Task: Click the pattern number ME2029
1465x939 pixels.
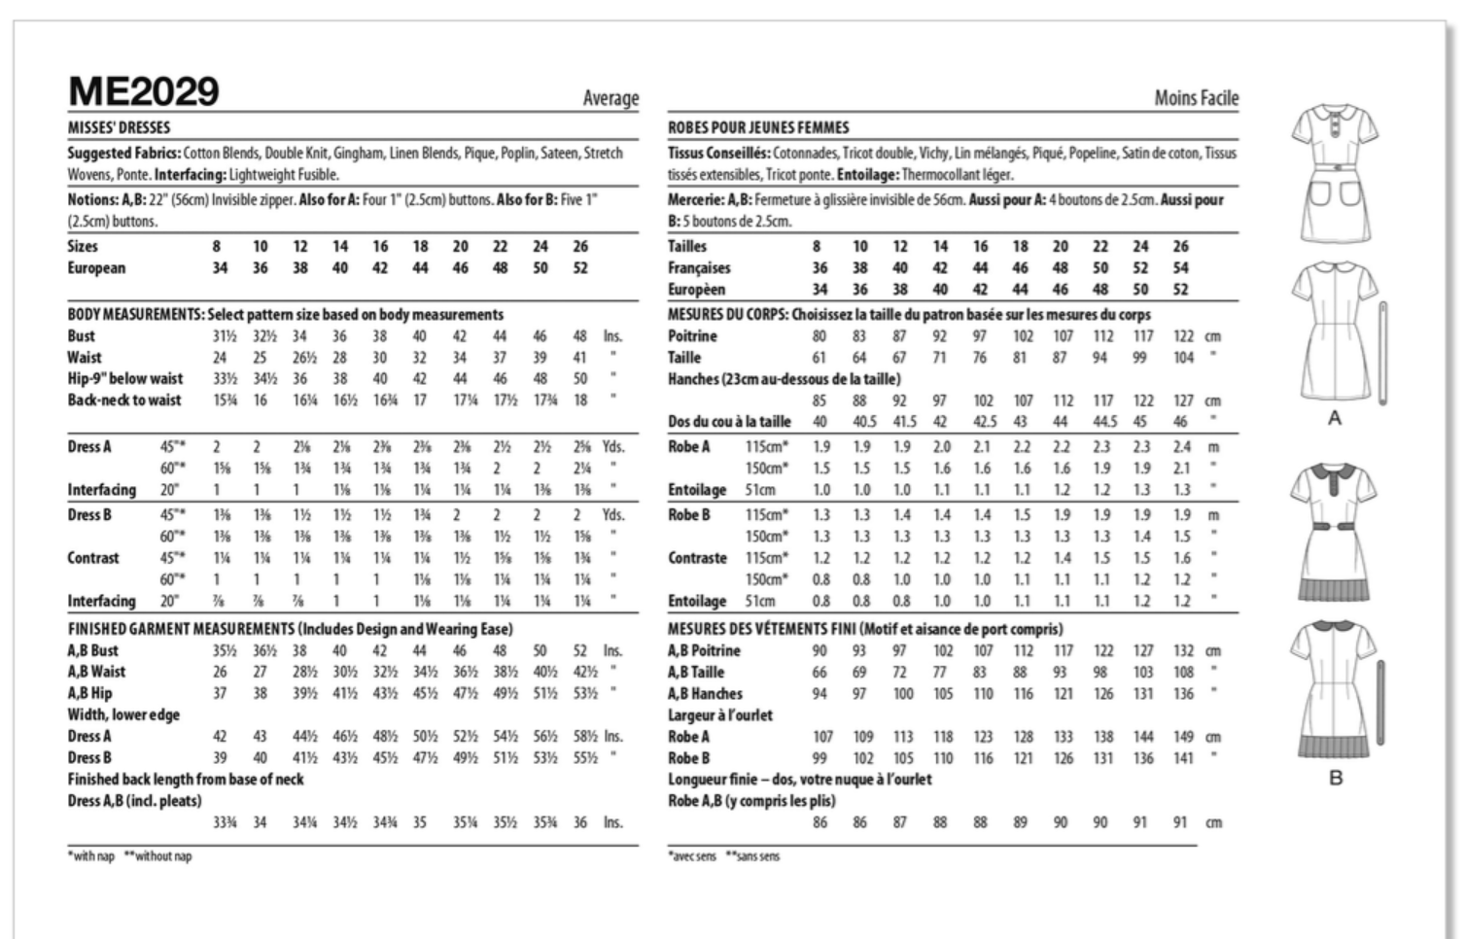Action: coord(144,92)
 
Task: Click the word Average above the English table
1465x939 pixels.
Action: coord(610,98)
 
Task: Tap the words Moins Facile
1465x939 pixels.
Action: coord(1196,98)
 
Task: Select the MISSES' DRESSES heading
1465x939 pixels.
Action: coord(119,127)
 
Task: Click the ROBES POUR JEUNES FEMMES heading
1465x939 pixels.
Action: coord(758,127)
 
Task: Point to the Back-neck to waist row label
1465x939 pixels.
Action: coord(124,400)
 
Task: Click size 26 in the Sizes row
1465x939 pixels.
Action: coord(580,247)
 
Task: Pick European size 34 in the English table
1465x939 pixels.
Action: coord(221,268)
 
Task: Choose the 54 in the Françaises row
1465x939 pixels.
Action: coord(1180,268)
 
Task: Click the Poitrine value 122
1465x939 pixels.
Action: coord(1183,336)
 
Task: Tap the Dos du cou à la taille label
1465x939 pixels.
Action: coord(729,422)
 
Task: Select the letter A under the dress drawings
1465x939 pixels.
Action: coord(1335,418)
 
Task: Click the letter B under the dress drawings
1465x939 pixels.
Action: coord(1336,778)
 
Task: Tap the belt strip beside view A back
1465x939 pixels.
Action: coord(1382,352)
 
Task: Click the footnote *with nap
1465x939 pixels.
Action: coord(91,856)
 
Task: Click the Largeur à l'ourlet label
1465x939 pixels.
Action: coord(720,715)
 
